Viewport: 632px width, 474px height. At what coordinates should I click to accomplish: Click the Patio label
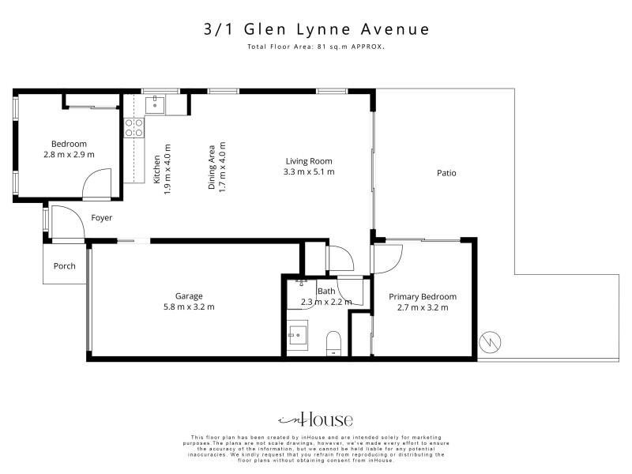click(446, 173)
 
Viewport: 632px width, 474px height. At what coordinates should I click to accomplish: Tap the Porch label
click(65, 266)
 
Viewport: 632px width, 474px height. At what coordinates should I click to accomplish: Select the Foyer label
click(102, 218)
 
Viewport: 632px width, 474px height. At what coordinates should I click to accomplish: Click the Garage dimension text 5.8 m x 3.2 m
click(189, 307)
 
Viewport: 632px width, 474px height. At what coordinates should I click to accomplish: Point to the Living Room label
click(309, 161)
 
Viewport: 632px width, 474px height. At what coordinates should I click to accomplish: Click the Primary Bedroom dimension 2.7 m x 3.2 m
click(423, 307)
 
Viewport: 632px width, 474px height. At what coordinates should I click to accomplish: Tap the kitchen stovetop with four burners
click(134, 127)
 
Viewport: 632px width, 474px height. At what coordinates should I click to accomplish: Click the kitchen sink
click(155, 105)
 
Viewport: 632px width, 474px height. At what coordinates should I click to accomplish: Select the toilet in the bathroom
click(333, 344)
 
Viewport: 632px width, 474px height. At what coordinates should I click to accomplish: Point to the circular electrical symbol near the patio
click(490, 343)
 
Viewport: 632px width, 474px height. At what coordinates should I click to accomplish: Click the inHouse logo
click(315, 420)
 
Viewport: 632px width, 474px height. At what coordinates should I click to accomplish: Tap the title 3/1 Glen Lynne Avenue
click(317, 29)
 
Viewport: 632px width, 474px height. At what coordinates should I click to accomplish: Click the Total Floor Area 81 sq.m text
click(316, 47)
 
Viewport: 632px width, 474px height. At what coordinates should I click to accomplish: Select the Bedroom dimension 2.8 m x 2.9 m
click(69, 154)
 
